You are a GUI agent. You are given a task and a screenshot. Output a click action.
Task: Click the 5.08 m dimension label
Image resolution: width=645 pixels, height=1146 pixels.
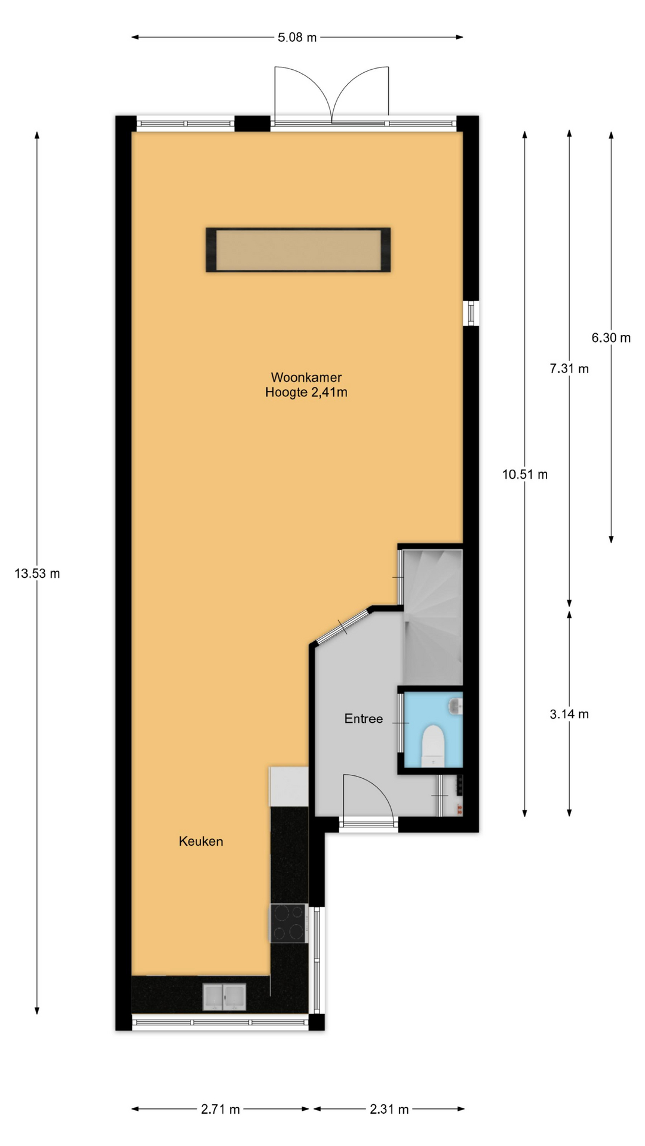point(297,38)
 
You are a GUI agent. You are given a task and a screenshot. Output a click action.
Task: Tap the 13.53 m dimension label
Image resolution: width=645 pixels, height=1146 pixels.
point(37,574)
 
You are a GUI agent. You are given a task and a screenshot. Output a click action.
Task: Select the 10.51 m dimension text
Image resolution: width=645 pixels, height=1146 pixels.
point(525,475)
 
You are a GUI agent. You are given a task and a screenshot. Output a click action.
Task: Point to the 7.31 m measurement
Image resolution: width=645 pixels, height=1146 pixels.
point(569,369)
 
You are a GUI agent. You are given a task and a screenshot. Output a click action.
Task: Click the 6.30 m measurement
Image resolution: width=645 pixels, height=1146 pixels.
point(611,338)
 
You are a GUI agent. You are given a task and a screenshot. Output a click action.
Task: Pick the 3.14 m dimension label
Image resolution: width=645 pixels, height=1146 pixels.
point(569,714)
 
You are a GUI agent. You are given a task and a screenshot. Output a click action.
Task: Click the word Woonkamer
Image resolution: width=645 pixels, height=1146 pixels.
point(306,377)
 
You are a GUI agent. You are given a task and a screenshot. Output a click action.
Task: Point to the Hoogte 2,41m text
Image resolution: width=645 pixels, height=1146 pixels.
point(306,392)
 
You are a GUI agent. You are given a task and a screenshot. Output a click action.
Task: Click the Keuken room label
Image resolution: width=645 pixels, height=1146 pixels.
point(201,842)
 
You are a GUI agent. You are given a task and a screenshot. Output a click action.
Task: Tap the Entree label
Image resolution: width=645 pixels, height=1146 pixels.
point(364,719)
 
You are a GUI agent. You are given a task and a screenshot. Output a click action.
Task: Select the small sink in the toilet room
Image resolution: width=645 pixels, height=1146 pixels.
point(456,706)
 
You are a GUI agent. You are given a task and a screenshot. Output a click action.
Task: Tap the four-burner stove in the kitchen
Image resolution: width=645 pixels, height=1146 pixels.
point(289,923)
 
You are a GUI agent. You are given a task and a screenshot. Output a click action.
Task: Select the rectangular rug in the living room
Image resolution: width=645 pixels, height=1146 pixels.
point(299,249)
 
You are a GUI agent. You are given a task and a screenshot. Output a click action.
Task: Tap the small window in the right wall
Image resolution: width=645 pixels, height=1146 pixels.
point(471,313)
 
